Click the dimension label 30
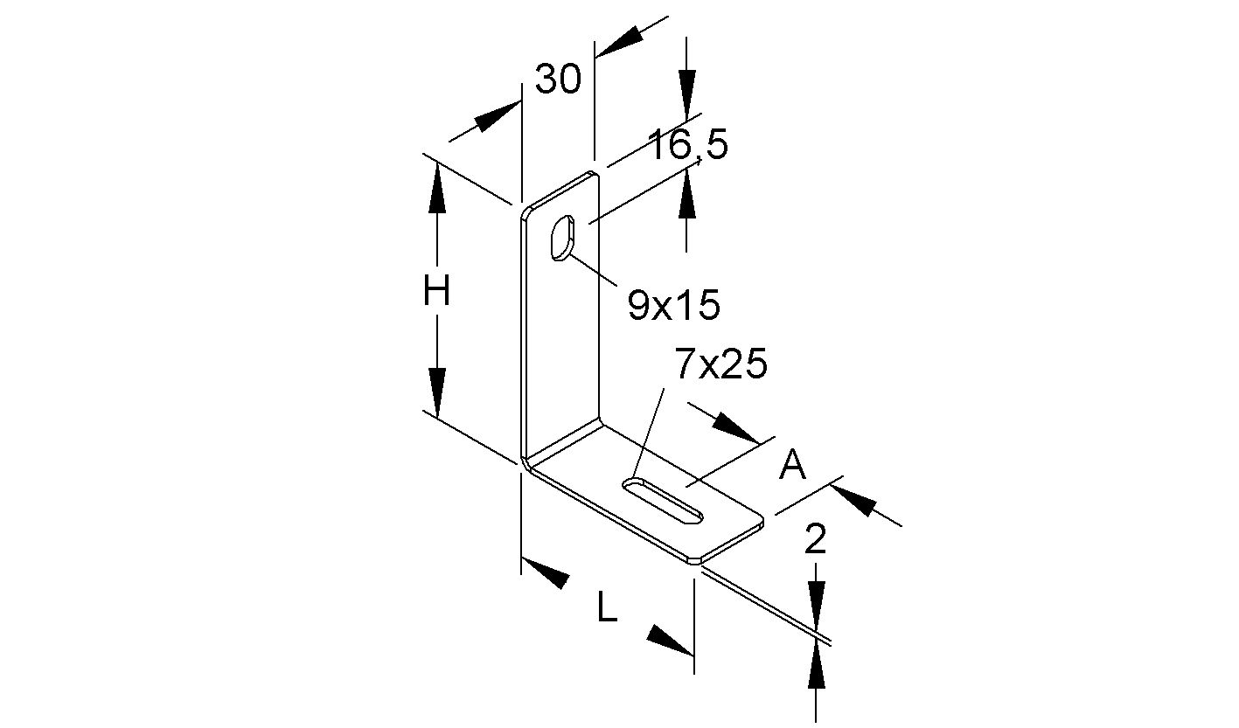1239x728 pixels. click(558, 80)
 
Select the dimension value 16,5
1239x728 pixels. click(687, 145)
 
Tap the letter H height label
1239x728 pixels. click(436, 291)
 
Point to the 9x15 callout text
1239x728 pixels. click(673, 305)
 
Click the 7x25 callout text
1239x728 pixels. click(720, 364)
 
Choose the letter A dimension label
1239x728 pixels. click(792, 466)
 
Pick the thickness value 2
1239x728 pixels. click(815, 541)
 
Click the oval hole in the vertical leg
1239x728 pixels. click(560, 237)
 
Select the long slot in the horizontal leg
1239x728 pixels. click(664, 501)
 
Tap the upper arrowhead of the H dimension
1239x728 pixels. click(436, 189)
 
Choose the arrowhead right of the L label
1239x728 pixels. click(669, 640)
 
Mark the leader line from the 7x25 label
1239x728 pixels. click(649, 433)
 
